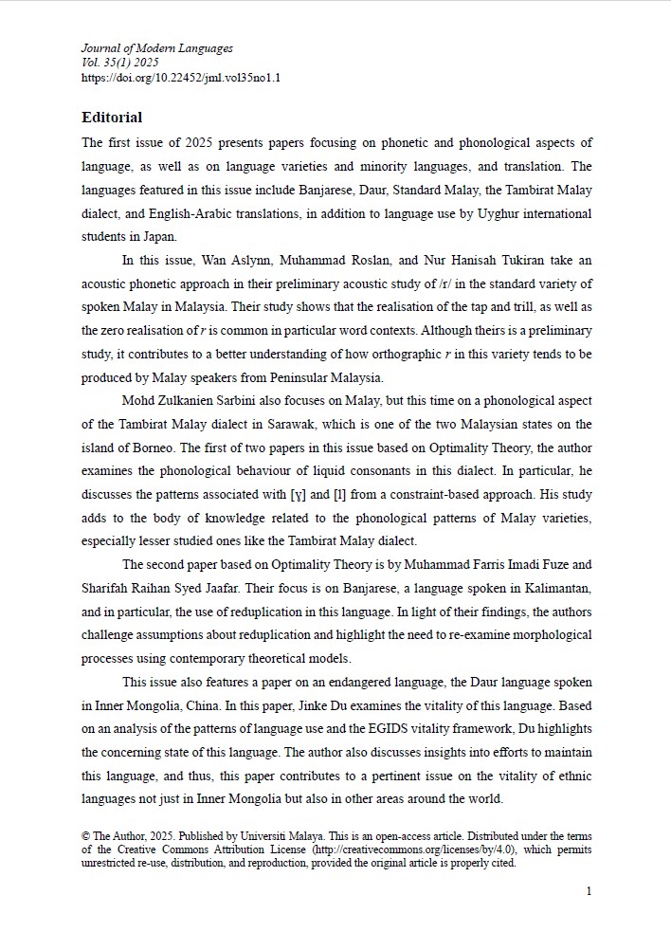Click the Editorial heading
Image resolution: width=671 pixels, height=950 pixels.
(x=112, y=118)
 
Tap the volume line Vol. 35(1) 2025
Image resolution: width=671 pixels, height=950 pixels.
(x=119, y=63)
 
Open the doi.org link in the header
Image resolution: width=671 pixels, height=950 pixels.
(x=181, y=77)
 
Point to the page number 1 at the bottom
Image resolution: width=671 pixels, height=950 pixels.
(x=589, y=891)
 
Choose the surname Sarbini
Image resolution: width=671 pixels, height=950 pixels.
(x=271, y=400)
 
